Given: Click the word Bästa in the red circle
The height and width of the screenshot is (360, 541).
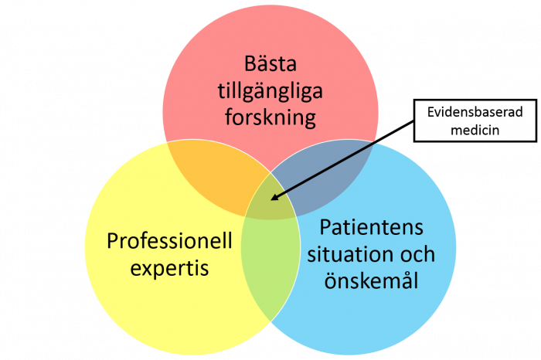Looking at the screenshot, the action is [270, 63].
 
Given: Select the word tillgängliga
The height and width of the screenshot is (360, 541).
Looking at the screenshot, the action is [270, 91].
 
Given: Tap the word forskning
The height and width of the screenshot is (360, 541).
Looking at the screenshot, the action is [270, 117].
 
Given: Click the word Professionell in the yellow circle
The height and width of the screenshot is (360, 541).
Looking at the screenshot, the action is [169, 240].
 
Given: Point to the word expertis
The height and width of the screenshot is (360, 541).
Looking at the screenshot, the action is [169, 268].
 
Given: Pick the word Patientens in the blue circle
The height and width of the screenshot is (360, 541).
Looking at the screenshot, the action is [371, 227].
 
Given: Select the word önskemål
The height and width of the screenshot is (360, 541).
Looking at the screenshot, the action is [371, 280].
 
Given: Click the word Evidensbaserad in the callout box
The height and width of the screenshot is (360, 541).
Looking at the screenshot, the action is [475, 112].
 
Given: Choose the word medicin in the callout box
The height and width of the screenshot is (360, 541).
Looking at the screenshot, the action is [475, 131].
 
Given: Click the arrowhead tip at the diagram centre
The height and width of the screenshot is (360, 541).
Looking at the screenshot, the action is [271, 199].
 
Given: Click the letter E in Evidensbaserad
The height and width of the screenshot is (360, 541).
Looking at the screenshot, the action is [431, 112].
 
